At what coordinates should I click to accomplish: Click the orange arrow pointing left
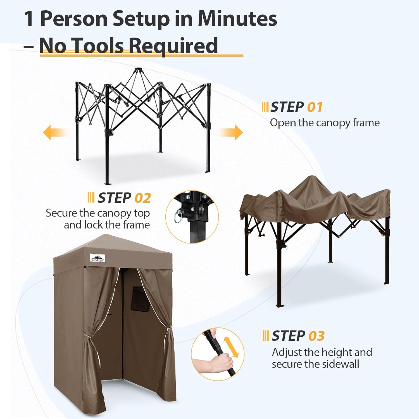[x=55, y=132]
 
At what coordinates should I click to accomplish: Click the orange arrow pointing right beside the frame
[x=230, y=132]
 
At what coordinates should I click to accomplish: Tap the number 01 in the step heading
[x=315, y=107]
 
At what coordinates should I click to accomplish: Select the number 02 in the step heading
[x=142, y=198]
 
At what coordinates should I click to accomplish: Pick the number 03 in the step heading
[x=316, y=336]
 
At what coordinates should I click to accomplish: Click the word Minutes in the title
[x=237, y=19]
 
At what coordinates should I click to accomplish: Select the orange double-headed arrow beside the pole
[x=231, y=347]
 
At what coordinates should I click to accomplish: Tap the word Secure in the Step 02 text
[x=61, y=213]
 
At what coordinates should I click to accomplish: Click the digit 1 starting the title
[x=29, y=19]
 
